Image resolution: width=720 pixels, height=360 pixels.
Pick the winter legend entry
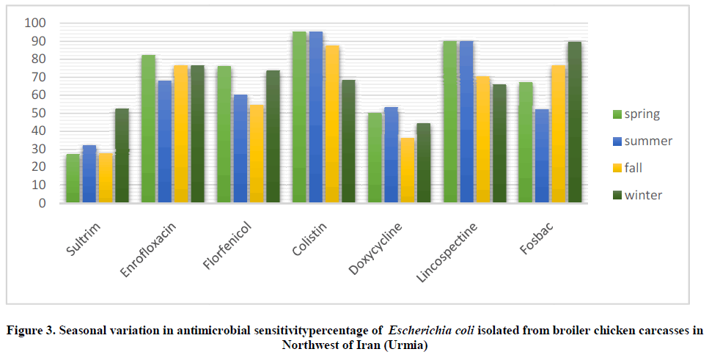click(636, 195)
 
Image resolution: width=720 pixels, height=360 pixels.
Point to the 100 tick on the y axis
click(35, 23)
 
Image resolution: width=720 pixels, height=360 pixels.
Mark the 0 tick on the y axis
click(41, 203)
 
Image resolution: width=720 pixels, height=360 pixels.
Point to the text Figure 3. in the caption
click(29, 331)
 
